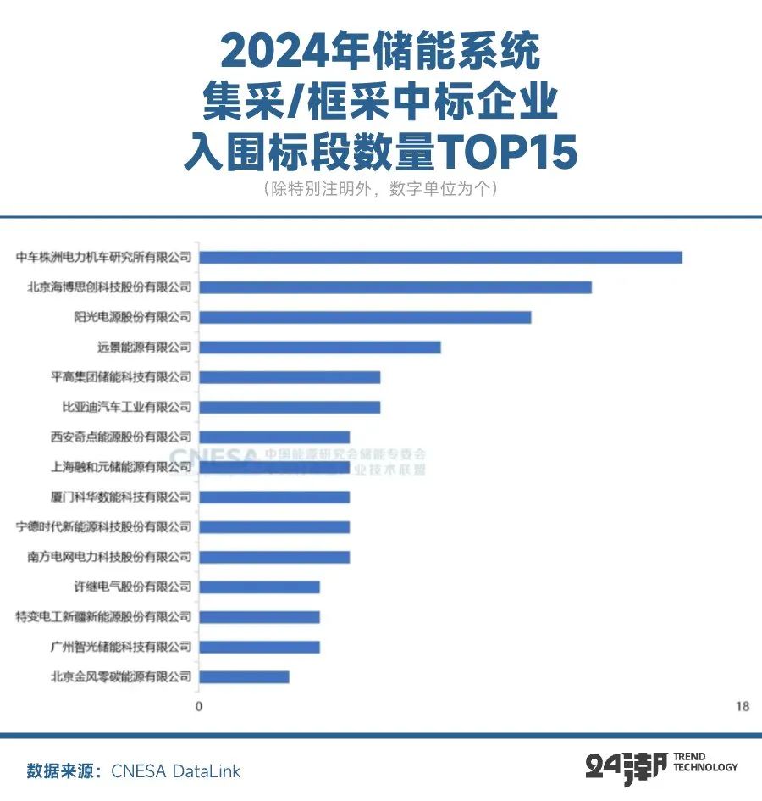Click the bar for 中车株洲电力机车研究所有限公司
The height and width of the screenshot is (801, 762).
coord(440,257)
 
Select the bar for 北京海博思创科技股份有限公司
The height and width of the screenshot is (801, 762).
coord(395,287)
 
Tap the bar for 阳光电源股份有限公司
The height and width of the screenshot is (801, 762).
coord(365,317)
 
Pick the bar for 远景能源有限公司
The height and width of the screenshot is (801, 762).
coord(320,347)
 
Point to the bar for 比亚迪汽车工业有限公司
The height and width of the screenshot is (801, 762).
coord(290,407)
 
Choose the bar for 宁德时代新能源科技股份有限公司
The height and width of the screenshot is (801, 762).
coord(274,527)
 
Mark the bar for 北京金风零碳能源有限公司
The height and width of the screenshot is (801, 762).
coord(244,677)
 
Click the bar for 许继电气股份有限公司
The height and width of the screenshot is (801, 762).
coord(259,587)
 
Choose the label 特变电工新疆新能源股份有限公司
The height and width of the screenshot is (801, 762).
coord(104,617)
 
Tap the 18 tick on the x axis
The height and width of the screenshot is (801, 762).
coord(743,707)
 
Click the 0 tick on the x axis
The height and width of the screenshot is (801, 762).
coord(199,707)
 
